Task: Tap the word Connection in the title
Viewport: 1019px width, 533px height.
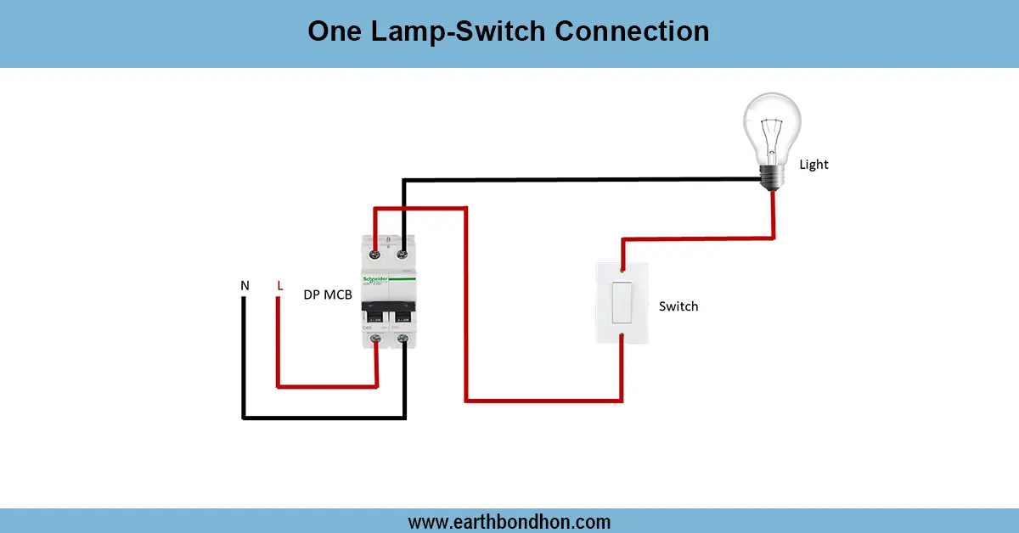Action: tap(632, 31)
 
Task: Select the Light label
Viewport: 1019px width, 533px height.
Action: tap(814, 165)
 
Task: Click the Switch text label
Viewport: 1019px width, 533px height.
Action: tap(678, 306)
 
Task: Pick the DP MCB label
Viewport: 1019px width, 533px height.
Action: tap(328, 295)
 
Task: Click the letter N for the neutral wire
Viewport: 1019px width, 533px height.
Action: tap(245, 286)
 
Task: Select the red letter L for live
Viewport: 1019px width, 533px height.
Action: tap(279, 286)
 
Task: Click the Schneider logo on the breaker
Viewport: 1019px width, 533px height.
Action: tap(376, 279)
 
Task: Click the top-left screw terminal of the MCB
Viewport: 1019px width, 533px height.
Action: tap(374, 251)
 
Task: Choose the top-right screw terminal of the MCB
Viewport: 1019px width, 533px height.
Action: tap(403, 251)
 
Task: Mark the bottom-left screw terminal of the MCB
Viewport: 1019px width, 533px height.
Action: tap(374, 340)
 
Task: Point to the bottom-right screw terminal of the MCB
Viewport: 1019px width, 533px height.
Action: tap(403, 340)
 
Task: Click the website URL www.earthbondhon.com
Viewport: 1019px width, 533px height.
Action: tap(509, 521)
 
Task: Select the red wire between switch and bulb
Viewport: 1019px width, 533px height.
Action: tap(696, 239)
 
